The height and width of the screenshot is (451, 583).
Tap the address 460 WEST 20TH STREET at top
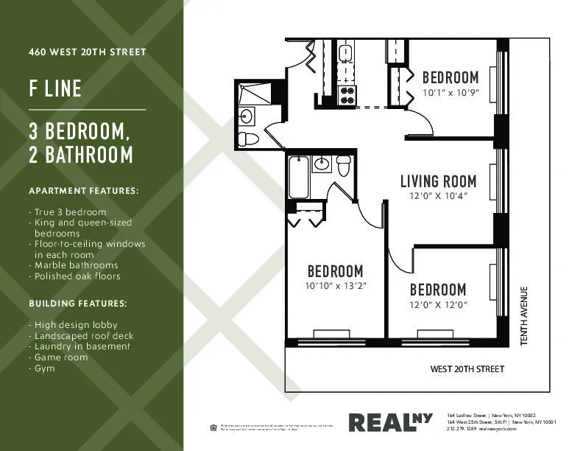[87, 52]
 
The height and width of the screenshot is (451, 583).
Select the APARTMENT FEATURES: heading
[82, 191]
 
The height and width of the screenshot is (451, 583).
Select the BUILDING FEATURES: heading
[77, 304]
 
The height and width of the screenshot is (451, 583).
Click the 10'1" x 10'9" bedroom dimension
[451, 94]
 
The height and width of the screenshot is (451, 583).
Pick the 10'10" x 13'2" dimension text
[335, 285]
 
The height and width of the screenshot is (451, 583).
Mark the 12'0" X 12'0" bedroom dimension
[438, 304]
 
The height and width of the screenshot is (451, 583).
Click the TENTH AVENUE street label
[524, 315]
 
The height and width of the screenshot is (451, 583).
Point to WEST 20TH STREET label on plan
[467, 368]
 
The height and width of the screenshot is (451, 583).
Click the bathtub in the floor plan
[298, 178]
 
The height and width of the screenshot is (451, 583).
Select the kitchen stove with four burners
[346, 94]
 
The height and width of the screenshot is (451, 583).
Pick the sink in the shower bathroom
[247, 116]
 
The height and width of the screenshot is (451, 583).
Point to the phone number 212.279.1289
[462, 429]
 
